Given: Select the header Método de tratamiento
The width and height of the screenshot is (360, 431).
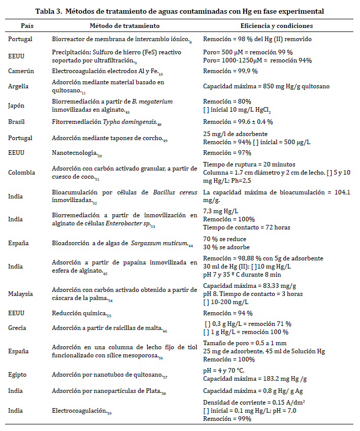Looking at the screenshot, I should (x=124, y=25).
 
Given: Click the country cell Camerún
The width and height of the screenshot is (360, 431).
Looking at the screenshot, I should (x=21, y=71).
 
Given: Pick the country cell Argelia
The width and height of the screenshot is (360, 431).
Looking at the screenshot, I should (x=18, y=86).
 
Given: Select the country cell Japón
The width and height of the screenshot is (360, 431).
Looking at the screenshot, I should (x=17, y=105).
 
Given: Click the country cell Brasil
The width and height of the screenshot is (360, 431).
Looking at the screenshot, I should (x=17, y=122).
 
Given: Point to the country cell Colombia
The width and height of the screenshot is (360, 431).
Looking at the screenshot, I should (x=21, y=173).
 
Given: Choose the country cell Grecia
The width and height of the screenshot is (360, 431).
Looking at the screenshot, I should (x=17, y=328).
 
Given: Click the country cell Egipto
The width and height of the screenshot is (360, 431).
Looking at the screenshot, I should (x=17, y=375).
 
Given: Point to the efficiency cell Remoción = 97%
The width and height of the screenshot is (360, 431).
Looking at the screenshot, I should (x=227, y=153).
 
